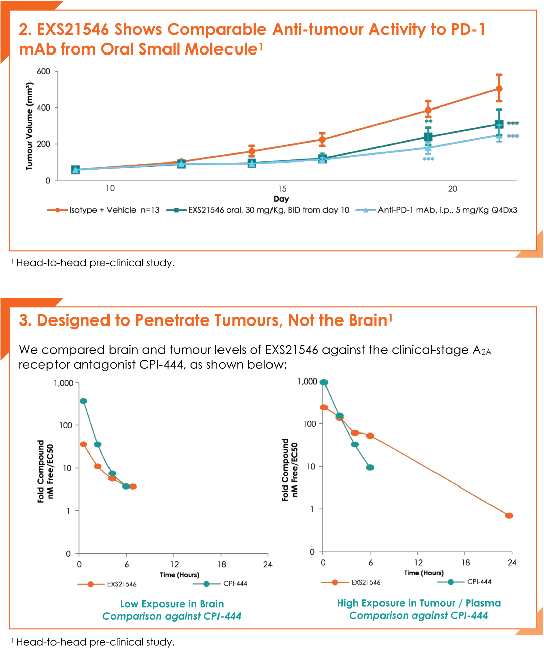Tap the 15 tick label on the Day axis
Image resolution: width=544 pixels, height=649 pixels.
point(282,189)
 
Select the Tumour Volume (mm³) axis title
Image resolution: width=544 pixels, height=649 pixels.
point(30,126)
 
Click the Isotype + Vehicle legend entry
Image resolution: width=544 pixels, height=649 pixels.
point(103,210)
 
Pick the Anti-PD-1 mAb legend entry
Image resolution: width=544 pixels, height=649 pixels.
point(437,210)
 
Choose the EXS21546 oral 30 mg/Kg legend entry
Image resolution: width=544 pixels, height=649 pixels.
point(258,210)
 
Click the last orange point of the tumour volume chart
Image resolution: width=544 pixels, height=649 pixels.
point(499,89)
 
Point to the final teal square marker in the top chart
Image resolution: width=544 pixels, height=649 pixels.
point(499,124)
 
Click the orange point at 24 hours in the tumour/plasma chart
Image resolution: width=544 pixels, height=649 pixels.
point(509,516)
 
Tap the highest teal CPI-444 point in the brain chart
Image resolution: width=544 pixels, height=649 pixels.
point(83,401)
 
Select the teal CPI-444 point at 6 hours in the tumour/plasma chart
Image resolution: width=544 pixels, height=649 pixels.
point(370,467)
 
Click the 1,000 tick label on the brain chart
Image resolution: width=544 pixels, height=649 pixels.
point(64,383)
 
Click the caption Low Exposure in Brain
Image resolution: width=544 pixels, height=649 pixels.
point(172,604)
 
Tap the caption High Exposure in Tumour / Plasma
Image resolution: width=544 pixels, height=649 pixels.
point(419,603)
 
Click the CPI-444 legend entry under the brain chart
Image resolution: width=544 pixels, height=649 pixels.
point(220,584)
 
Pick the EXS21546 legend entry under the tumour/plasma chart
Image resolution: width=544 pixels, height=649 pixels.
point(351,582)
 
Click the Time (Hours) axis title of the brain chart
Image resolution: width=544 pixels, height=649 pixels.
point(180,575)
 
